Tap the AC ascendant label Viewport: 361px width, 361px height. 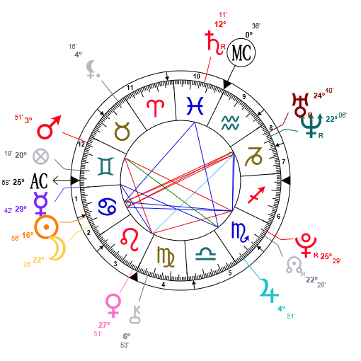pos(39,181)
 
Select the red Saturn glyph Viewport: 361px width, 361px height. pos(213,43)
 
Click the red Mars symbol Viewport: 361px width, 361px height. pos(49,127)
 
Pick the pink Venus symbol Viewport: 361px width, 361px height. pos(113,305)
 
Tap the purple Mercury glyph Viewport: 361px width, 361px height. pos(41,204)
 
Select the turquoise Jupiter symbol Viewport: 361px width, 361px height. pos(269,291)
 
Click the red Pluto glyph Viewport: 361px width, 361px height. pos(306,246)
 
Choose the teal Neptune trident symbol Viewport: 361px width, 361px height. pos(311,125)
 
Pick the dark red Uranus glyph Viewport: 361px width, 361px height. pos(300,105)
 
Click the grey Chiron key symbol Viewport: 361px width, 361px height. pos(135,315)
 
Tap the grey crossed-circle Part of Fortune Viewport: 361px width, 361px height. pos(41,156)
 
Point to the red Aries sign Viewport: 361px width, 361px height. pos(155,108)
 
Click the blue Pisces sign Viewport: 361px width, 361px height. pos(195,105)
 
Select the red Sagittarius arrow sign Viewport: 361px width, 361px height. pos(256,195)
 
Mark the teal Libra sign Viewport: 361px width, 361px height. pos(206,254)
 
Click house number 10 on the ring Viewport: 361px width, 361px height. pos(197,76)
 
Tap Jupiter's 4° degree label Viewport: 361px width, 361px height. pos(282,309)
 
